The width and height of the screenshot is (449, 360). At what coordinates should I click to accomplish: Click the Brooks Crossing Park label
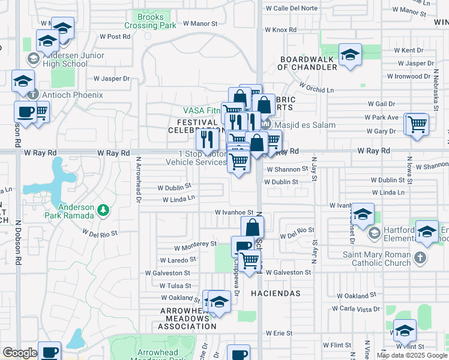[x=150, y=22]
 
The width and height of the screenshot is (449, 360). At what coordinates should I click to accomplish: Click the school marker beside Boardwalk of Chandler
[x=350, y=56]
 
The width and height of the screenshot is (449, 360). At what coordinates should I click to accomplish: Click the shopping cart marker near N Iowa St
[x=417, y=125]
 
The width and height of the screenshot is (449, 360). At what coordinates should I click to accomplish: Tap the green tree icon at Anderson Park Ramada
[x=103, y=210]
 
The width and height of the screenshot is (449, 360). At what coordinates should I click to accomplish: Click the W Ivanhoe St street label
[x=234, y=212]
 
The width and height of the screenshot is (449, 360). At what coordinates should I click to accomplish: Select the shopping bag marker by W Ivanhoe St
[x=253, y=228]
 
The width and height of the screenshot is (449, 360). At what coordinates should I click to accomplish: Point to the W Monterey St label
[x=195, y=245]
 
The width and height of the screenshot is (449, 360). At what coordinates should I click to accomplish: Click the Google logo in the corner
[x=19, y=352]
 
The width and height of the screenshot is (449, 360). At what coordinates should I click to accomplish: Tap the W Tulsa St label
[x=174, y=286]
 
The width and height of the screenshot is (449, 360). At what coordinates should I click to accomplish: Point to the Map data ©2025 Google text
[x=412, y=355]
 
